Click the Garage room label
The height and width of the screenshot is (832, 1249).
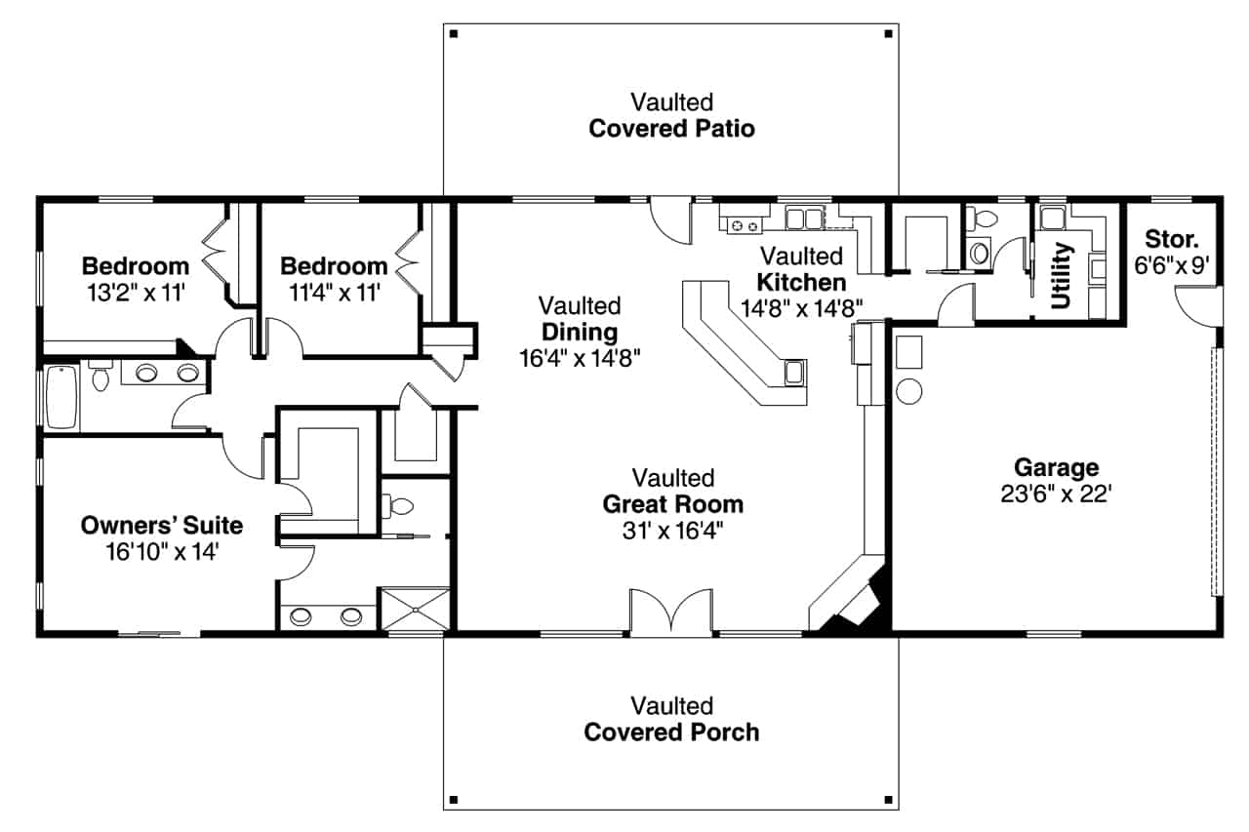(1056, 467)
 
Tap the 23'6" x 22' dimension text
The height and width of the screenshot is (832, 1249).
(1056, 494)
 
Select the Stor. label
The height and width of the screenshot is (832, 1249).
(1171, 238)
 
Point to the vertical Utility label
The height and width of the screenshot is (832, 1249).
(1062, 275)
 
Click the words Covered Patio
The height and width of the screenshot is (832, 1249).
(671, 129)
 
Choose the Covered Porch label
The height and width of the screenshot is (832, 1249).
(671, 732)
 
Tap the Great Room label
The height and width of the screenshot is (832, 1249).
(672, 504)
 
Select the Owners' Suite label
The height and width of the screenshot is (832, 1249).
(161, 526)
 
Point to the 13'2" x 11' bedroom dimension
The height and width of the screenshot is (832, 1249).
(135, 292)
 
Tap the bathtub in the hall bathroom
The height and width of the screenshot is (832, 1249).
(60, 397)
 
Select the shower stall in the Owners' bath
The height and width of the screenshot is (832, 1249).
(415, 609)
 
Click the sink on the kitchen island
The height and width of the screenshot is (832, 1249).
(794, 372)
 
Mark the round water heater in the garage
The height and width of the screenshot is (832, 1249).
(908, 390)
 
